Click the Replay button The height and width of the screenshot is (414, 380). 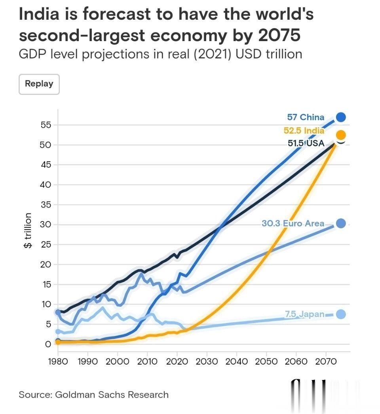[x=39, y=84]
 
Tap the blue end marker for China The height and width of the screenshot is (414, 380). [x=340, y=117]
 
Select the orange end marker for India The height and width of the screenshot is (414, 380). [x=340, y=135]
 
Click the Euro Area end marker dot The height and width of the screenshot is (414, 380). [x=340, y=224]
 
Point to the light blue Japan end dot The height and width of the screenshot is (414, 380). [x=340, y=314]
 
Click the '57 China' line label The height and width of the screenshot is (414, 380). [x=306, y=117]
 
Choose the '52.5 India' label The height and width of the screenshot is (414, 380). [x=304, y=131]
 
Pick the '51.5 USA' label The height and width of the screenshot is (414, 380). [x=306, y=143]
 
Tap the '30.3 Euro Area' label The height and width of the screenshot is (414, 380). [x=293, y=224]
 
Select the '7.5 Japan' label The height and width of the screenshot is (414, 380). [x=304, y=315]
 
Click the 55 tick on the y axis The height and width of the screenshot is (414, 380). [x=46, y=125]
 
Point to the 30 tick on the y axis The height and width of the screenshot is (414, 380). [x=46, y=225]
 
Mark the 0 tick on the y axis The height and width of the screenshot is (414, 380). [x=48, y=344]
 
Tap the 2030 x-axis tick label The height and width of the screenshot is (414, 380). [x=207, y=361]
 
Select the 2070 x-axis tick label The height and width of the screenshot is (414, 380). [x=326, y=361]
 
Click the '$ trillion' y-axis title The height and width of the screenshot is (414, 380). [x=28, y=231]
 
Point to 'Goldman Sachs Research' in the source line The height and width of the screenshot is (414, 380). [x=112, y=395]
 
